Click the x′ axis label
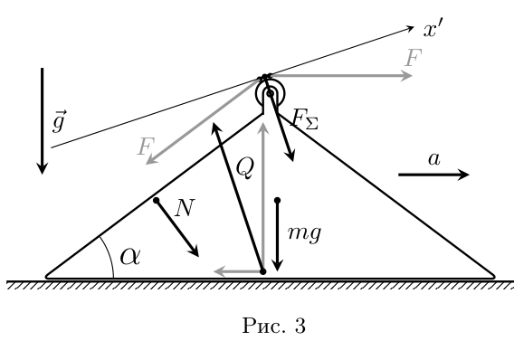click(x=433, y=30)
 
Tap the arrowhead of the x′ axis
click(x=411, y=28)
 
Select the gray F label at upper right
click(x=413, y=58)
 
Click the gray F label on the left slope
click(x=146, y=147)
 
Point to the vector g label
click(x=60, y=121)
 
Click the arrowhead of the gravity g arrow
click(x=42, y=168)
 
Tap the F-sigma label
click(x=305, y=118)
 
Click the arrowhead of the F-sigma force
click(x=290, y=156)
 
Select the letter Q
click(x=245, y=167)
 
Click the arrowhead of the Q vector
click(x=215, y=128)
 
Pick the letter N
click(x=185, y=208)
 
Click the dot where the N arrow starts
click(x=157, y=200)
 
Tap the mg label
click(x=304, y=234)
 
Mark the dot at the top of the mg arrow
click(x=277, y=200)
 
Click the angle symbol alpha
click(x=130, y=256)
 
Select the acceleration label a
click(x=434, y=159)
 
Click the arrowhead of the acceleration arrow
click(x=463, y=175)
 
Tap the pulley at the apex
click(x=270, y=94)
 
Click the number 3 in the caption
click(x=300, y=326)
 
